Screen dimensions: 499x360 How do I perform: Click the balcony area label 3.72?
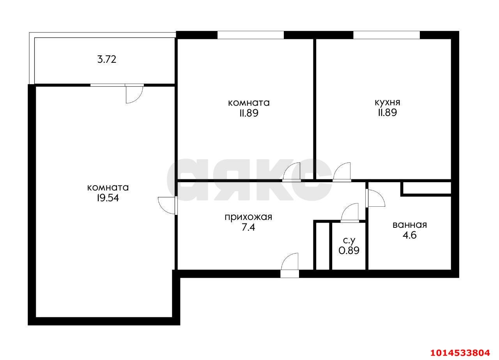click(x=107, y=60)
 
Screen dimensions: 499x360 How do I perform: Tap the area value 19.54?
click(x=108, y=198)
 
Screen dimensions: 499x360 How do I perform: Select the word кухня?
click(x=388, y=103)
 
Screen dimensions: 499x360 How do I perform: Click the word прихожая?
click(x=248, y=217)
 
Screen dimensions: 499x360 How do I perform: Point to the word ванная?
click(x=410, y=225)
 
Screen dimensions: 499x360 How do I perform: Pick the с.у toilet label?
click(x=349, y=241)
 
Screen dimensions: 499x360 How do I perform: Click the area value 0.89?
click(x=349, y=251)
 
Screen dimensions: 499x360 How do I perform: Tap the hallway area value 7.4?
click(x=248, y=227)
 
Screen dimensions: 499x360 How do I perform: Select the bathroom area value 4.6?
click(x=410, y=235)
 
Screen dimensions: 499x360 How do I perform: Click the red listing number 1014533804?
click(x=460, y=353)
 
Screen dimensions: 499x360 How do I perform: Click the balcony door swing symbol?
click(x=134, y=93)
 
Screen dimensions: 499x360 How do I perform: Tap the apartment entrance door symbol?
click(x=290, y=265)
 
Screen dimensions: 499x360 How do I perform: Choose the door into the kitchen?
click(x=342, y=172)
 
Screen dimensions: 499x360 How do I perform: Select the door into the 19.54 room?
click(x=168, y=206)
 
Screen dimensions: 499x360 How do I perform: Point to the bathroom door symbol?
click(x=375, y=198)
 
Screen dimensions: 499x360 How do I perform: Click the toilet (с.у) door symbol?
click(x=350, y=213)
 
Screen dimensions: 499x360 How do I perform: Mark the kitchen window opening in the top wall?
click(x=386, y=35)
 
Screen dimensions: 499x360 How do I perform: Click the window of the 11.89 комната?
click(x=251, y=35)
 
